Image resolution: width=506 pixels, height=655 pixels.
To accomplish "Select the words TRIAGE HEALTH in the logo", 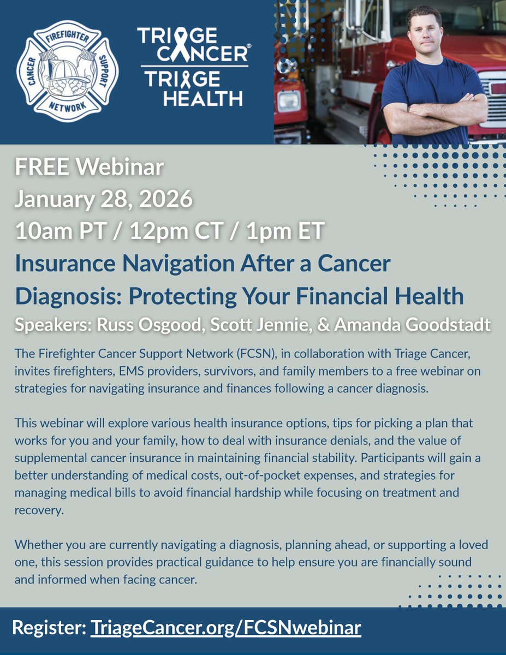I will [194, 89].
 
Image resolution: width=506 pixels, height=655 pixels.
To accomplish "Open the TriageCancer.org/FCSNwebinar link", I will [225, 627].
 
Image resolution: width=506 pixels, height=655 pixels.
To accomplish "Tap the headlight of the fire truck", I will [289, 100].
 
